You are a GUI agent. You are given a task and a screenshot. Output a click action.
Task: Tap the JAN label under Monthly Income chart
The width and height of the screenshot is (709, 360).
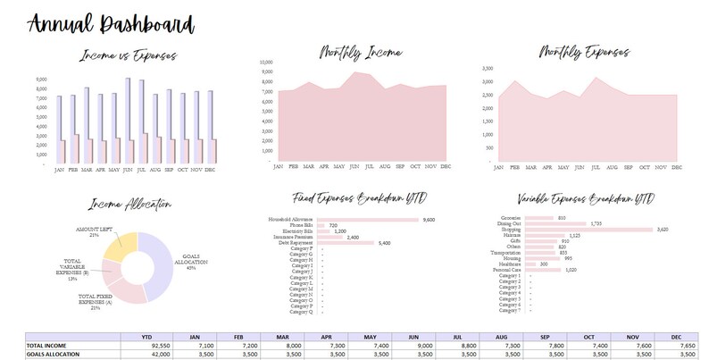(x=278, y=167)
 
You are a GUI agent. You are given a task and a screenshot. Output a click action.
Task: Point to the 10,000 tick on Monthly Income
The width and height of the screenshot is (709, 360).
(x=265, y=63)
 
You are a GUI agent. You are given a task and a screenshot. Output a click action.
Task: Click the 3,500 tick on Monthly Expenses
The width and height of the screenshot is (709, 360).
(x=487, y=68)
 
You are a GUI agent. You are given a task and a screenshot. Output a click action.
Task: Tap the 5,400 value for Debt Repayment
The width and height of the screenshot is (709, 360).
(x=386, y=242)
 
